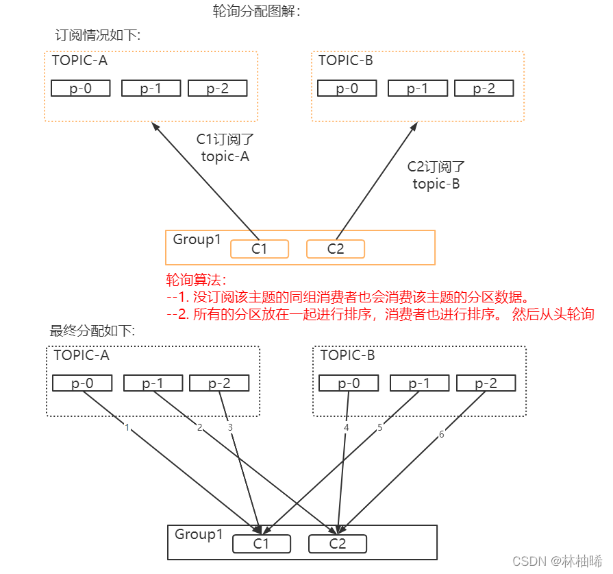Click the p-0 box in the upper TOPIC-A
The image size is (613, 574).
tap(81, 88)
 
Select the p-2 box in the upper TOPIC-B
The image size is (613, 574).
tap(484, 88)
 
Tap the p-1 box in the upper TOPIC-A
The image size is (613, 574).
tap(151, 88)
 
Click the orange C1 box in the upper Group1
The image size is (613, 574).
tap(259, 249)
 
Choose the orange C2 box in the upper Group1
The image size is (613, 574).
tap(336, 249)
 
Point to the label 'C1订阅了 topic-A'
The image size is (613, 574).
tap(225, 147)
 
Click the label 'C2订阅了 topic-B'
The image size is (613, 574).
tap(436, 175)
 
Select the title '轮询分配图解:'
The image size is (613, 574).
tap(257, 12)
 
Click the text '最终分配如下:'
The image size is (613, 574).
tap(92, 331)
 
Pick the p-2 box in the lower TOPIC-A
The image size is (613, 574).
tap(218, 383)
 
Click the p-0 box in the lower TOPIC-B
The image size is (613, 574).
tap(348, 383)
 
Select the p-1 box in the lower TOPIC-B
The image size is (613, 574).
tap(418, 383)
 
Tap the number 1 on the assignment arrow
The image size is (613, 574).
tap(127, 427)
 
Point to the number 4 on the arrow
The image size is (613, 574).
tap(347, 427)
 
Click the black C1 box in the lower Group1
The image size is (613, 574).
tap(261, 544)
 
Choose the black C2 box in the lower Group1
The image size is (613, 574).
tap(338, 544)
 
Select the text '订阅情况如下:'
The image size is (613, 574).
tap(97, 35)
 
